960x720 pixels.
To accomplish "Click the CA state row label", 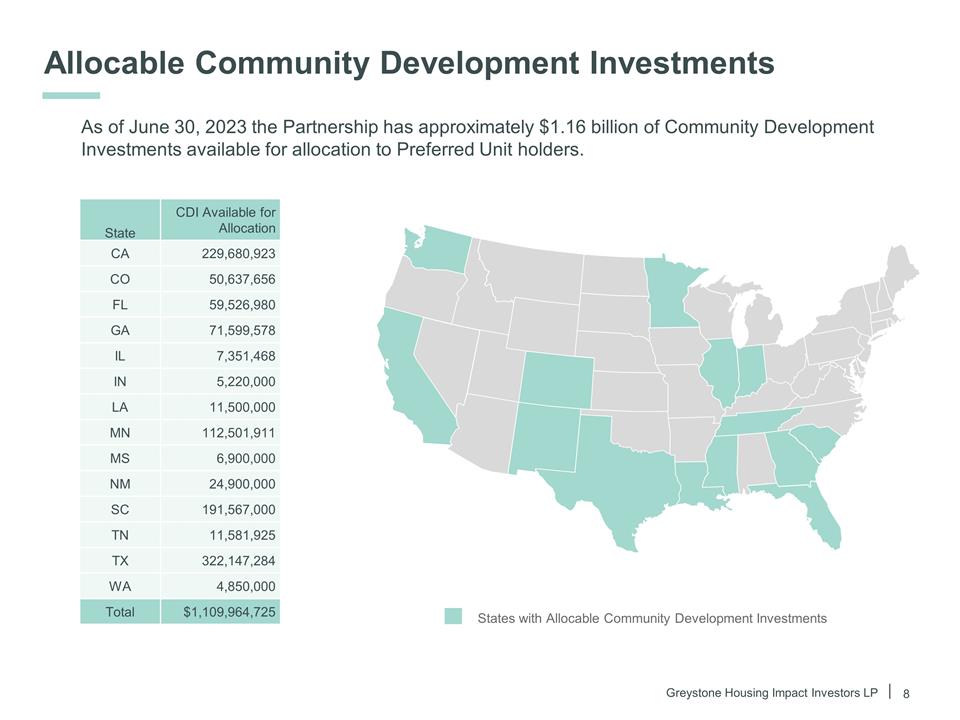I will [x=120, y=254].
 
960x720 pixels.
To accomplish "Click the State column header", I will [x=120, y=232].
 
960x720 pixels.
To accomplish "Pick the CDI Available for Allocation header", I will [x=225, y=220].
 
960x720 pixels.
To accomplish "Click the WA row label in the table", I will [x=120, y=586].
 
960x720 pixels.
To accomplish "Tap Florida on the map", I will [x=824, y=515].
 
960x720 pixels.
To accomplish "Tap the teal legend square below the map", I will [x=454, y=617].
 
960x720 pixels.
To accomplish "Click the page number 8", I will [x=907, y=693].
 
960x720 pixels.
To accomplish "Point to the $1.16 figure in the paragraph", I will [x=565, y=128].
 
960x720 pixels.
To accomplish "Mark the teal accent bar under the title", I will [x=71, y=96].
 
